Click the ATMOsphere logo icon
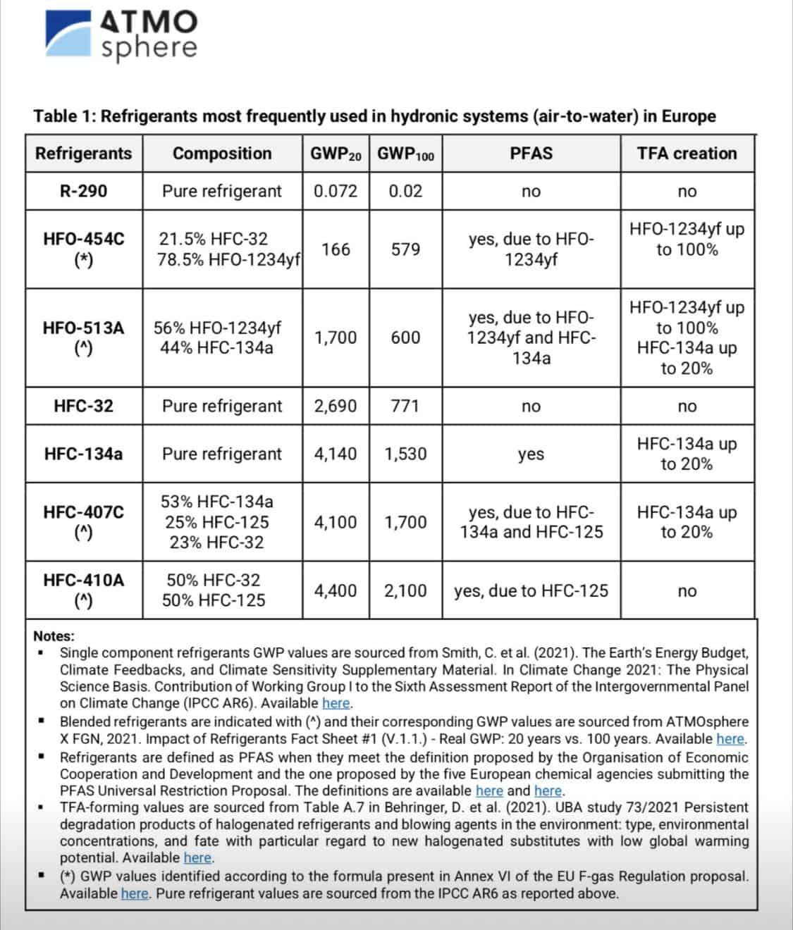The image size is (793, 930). (69, 33)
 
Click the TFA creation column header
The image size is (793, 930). (687, 154)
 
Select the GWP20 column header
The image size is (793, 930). (336, 154)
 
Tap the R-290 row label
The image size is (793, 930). (83, 191)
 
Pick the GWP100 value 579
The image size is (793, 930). (405, 249)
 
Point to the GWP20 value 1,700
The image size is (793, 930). (336, 337)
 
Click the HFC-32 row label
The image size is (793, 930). (83, 406)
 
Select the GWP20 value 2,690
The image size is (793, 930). (336, 406)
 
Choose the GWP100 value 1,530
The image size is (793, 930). (405, 454)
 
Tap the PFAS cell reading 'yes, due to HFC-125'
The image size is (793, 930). (531, 590)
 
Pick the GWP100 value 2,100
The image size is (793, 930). (405, 590)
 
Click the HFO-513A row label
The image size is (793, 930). (83, 337)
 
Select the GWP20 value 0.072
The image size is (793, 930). (336, 191)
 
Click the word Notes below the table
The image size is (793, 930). (54, 636)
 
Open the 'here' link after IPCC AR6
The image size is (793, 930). (336, 703)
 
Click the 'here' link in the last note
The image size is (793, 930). (135, 894)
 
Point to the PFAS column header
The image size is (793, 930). (531, 154)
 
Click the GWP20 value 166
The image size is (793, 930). (336, 249)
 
